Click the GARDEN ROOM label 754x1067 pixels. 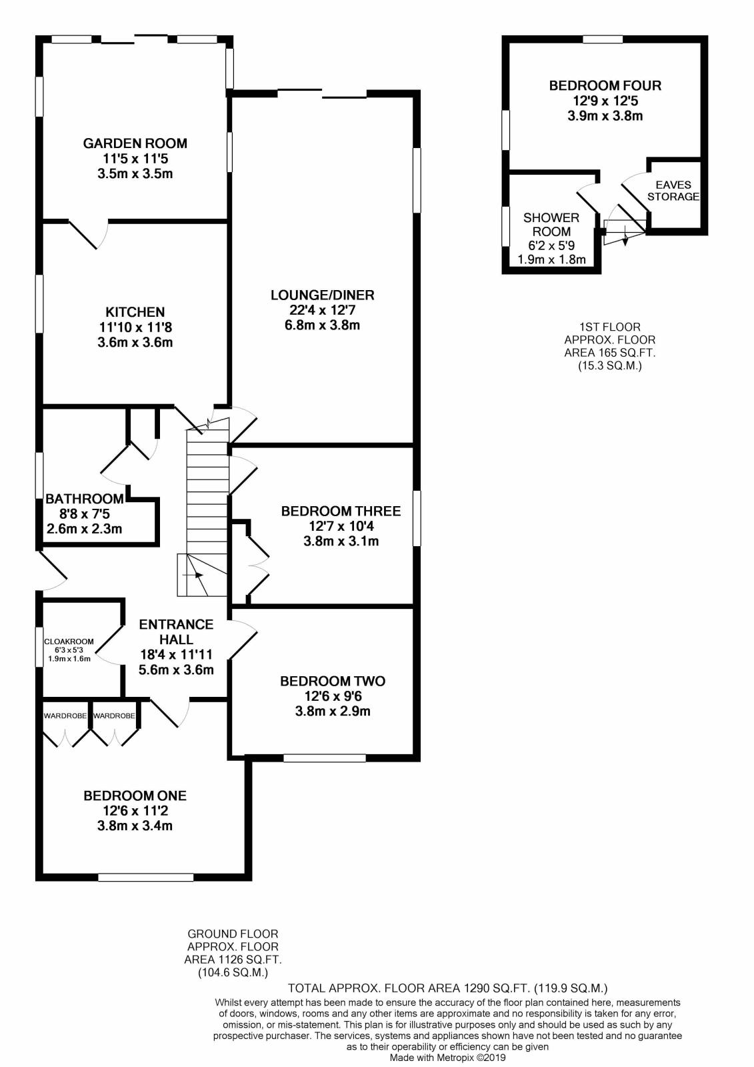(135, 143)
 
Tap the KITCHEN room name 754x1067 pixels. (135, 311)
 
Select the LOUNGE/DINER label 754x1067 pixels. (322, 295)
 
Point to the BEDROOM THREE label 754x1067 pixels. (341, 511)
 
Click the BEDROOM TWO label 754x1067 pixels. (333, 681)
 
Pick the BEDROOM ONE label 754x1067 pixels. (135, 796)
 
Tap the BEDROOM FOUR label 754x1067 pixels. (605, 85)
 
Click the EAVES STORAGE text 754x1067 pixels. (673, 191)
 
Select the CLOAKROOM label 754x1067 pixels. (69, 642)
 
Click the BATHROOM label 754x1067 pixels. (85, 498)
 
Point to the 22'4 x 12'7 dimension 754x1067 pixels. (322, 310)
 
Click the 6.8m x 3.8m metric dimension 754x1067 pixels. (322, 325)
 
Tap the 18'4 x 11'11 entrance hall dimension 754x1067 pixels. (176, 654)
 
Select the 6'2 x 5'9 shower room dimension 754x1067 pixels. (551, 245)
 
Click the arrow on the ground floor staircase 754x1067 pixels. (195, 574)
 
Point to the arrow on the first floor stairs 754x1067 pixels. (625, 237)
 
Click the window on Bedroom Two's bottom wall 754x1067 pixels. (325, 758)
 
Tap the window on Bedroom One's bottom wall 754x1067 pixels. (145, 877)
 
